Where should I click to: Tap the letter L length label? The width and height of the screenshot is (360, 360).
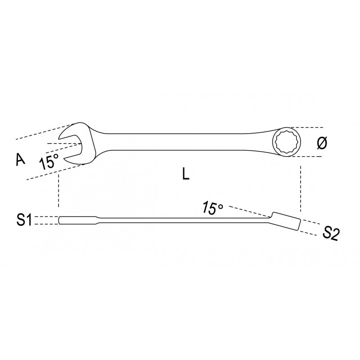click(185, 173)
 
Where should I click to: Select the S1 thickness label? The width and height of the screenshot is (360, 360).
click(24, 220)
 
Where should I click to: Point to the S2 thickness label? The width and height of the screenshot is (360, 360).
click(330, 234)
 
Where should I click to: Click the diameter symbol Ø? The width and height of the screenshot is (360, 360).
click(322, 143)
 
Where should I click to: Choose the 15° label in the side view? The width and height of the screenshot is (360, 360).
click(212, 208)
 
